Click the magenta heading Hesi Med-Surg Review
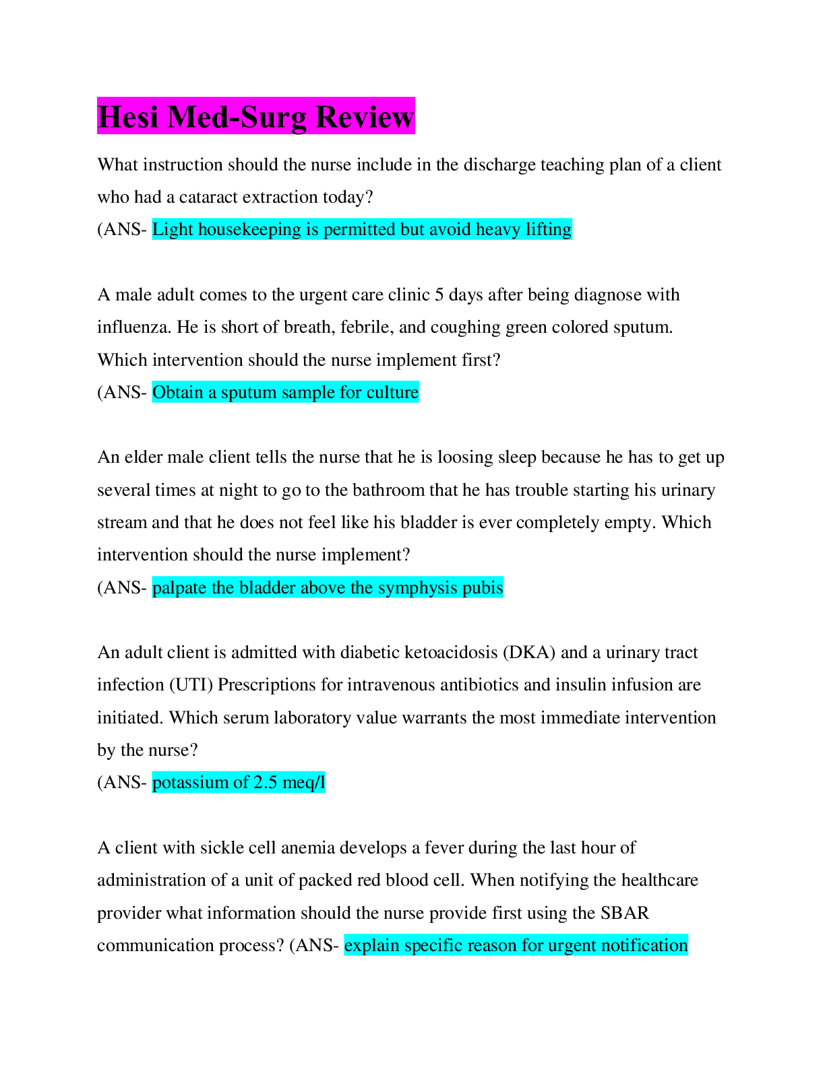point(255,117)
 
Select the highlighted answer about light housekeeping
point(362,230)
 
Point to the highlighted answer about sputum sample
point(285,393)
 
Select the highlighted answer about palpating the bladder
point(328,588)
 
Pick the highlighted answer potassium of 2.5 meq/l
point(239,783)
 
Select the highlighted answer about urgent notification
point(516,946)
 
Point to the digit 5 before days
point(439,295)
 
